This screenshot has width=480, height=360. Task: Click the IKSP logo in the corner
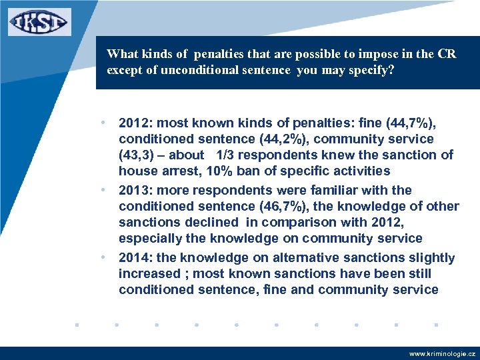(39, 22)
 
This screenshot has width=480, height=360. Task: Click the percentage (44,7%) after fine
(407, 123)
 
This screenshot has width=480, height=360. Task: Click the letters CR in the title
(447, 54)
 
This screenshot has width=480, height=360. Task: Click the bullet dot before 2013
(103, 190)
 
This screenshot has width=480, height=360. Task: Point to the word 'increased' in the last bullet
(149, 273)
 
